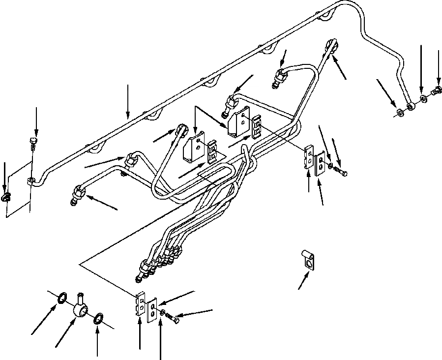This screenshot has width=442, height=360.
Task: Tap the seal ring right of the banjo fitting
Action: [98, 318]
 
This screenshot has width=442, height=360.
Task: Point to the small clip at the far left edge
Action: [6, 198]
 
